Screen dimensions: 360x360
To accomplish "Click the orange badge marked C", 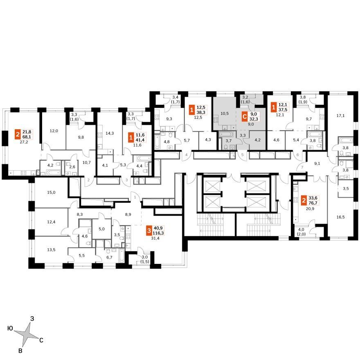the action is [x=245, y=117].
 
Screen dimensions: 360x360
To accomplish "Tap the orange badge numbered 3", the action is [x=149, y=231].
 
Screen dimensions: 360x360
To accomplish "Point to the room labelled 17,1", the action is [x=340, y=116].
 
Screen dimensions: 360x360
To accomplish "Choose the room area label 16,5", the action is [x=340, y=217].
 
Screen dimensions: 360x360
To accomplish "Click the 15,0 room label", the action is [x=51, y=192].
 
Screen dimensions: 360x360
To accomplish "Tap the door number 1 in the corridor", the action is [x=135, y=197].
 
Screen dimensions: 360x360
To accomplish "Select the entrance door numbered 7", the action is [x=302, y=167].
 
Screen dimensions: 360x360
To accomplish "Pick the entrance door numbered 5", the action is [x=243, y=155].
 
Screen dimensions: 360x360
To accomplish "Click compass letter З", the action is [x=32, y=319].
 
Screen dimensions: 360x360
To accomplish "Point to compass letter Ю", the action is [x=10, y=328].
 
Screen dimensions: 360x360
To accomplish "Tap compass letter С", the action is [x=41, y=340].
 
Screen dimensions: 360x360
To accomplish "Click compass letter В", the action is [x=20, y=351].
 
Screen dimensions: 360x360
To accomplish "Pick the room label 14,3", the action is [x=110, y=133].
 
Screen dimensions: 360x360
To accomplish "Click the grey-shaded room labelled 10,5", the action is [x=225, y=113].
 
